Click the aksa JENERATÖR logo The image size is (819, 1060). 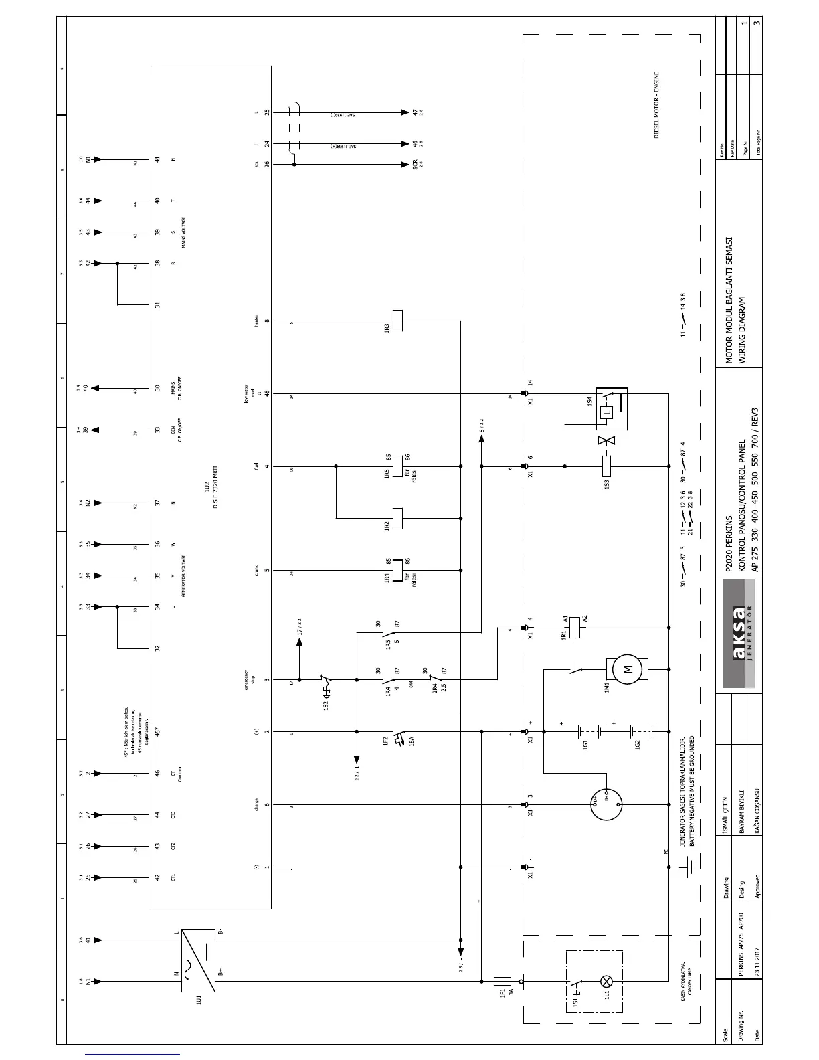tap(739, 634)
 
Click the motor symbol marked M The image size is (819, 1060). tap(627, 669)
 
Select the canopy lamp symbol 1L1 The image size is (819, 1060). tap(607, 982)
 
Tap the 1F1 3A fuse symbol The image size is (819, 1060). tap(502, 982)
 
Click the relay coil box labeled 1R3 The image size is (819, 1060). tap(397, 321)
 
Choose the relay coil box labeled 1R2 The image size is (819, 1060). tap(397, 518)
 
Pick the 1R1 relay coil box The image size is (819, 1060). tap(574, 628)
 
